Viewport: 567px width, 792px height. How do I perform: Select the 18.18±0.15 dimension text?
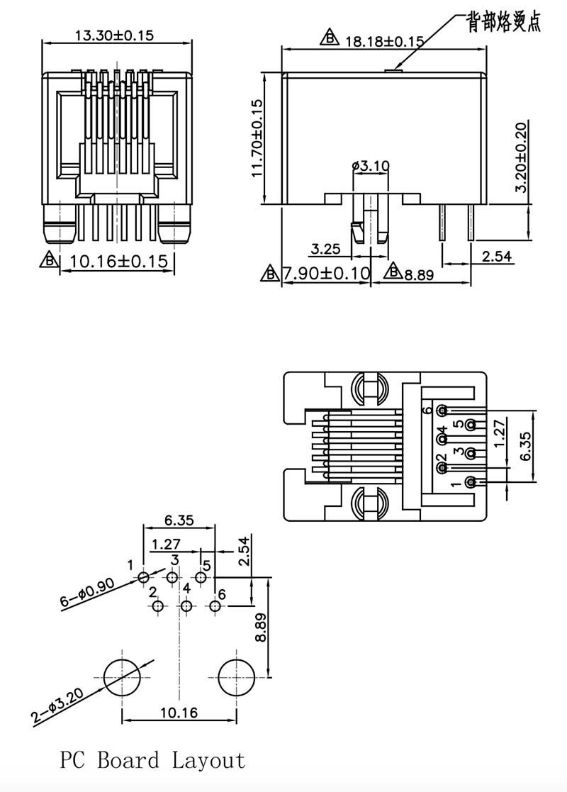tap(384, 41)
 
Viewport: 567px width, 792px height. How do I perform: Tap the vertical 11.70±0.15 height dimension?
tap(256, 138)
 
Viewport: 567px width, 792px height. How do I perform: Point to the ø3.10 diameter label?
tap(370, 166)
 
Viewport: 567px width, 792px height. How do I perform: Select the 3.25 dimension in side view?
tap(326, 249)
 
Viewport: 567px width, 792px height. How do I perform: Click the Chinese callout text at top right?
tap(503, 23)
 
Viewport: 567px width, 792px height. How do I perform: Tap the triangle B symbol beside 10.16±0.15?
tap(49, 260)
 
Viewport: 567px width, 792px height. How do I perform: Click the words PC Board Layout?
tap(152, 761)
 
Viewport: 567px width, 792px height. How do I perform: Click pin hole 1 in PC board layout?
tap(144, 577)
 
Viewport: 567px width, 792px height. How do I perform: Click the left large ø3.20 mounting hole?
tap(123, 677)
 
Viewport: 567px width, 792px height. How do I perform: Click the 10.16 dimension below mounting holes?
tap(179, 713)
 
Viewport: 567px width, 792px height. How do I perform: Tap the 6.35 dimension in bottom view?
tap(525, 445)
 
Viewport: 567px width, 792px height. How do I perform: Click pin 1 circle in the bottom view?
tap(471, 483)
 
